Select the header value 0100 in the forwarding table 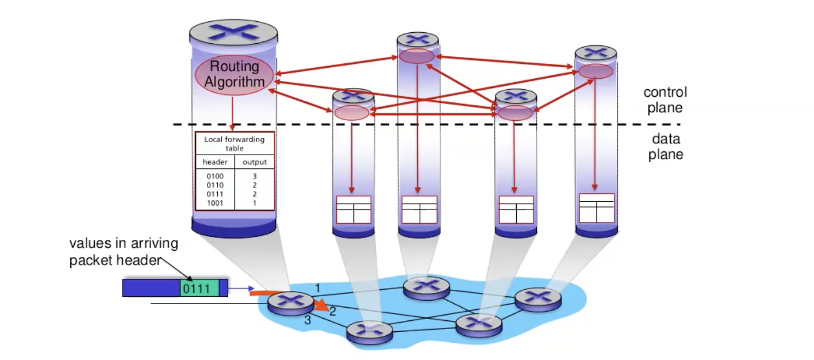point(215,176)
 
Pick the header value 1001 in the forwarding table point(215,203)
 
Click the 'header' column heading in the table point(215,162)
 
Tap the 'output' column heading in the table point(255,162)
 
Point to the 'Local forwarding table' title point(235,143)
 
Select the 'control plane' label point(665,99)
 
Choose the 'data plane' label point(666,147)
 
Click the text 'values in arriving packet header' point(123,251)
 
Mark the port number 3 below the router point(308,320)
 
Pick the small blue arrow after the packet point(240,288)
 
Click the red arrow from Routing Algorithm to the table point(232,112)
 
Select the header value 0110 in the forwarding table point(215,185)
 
